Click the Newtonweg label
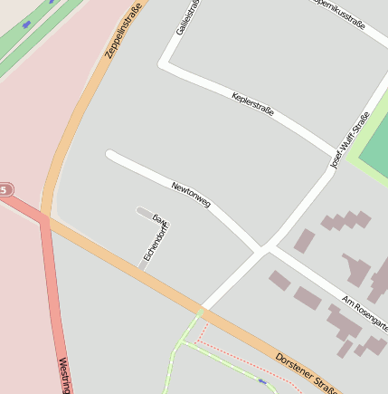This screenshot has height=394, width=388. click(191, 195)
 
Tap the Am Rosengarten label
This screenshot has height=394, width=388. click(365, 312)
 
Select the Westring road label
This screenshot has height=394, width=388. click(64, 374)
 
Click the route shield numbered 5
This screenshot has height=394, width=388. click(5, 190)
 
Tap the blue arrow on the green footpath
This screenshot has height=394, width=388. click(262, 381)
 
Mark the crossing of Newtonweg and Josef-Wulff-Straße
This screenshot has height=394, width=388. click(263, 247)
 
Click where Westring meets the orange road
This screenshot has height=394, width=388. click(43, 219)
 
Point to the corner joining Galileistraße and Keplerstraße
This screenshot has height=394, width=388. click(165, 65)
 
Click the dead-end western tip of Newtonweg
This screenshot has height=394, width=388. click(109, 155)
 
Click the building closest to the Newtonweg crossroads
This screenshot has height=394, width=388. click(304, 240)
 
